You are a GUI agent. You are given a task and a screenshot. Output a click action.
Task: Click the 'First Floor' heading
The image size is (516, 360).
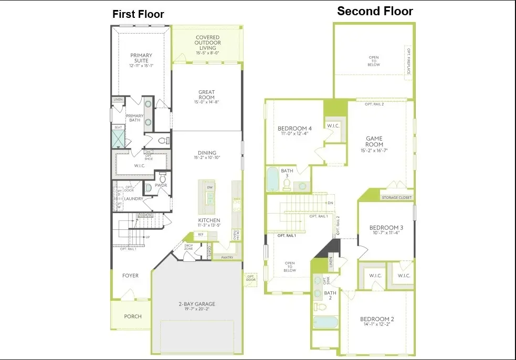[138, 15]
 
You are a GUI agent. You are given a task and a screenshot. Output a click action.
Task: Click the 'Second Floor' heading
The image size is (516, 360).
[375, 11]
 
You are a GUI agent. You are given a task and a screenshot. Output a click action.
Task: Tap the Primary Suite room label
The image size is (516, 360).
[141, 58]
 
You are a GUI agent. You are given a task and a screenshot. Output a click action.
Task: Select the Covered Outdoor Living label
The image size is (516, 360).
[207, 43]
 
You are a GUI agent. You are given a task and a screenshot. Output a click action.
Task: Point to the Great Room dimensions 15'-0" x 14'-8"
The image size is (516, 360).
[206, 102]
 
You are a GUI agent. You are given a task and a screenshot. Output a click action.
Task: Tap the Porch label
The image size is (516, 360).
[132, 316]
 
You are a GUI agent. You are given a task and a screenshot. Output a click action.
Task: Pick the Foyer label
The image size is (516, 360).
[130, 276]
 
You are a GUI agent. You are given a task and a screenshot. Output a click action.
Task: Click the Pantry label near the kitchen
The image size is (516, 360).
[227, 258]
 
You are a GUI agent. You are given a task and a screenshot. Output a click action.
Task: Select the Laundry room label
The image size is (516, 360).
[134, 199]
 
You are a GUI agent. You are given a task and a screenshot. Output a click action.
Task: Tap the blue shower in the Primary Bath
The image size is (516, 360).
[119, 139]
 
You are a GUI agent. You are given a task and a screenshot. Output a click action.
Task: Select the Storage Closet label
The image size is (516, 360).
[397, 198]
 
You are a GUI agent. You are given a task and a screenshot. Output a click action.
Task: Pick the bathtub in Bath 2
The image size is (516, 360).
[326, 322]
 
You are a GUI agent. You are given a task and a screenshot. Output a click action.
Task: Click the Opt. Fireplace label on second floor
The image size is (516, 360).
[408, 61]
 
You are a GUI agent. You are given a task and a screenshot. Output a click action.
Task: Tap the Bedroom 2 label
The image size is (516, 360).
[377, 319]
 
